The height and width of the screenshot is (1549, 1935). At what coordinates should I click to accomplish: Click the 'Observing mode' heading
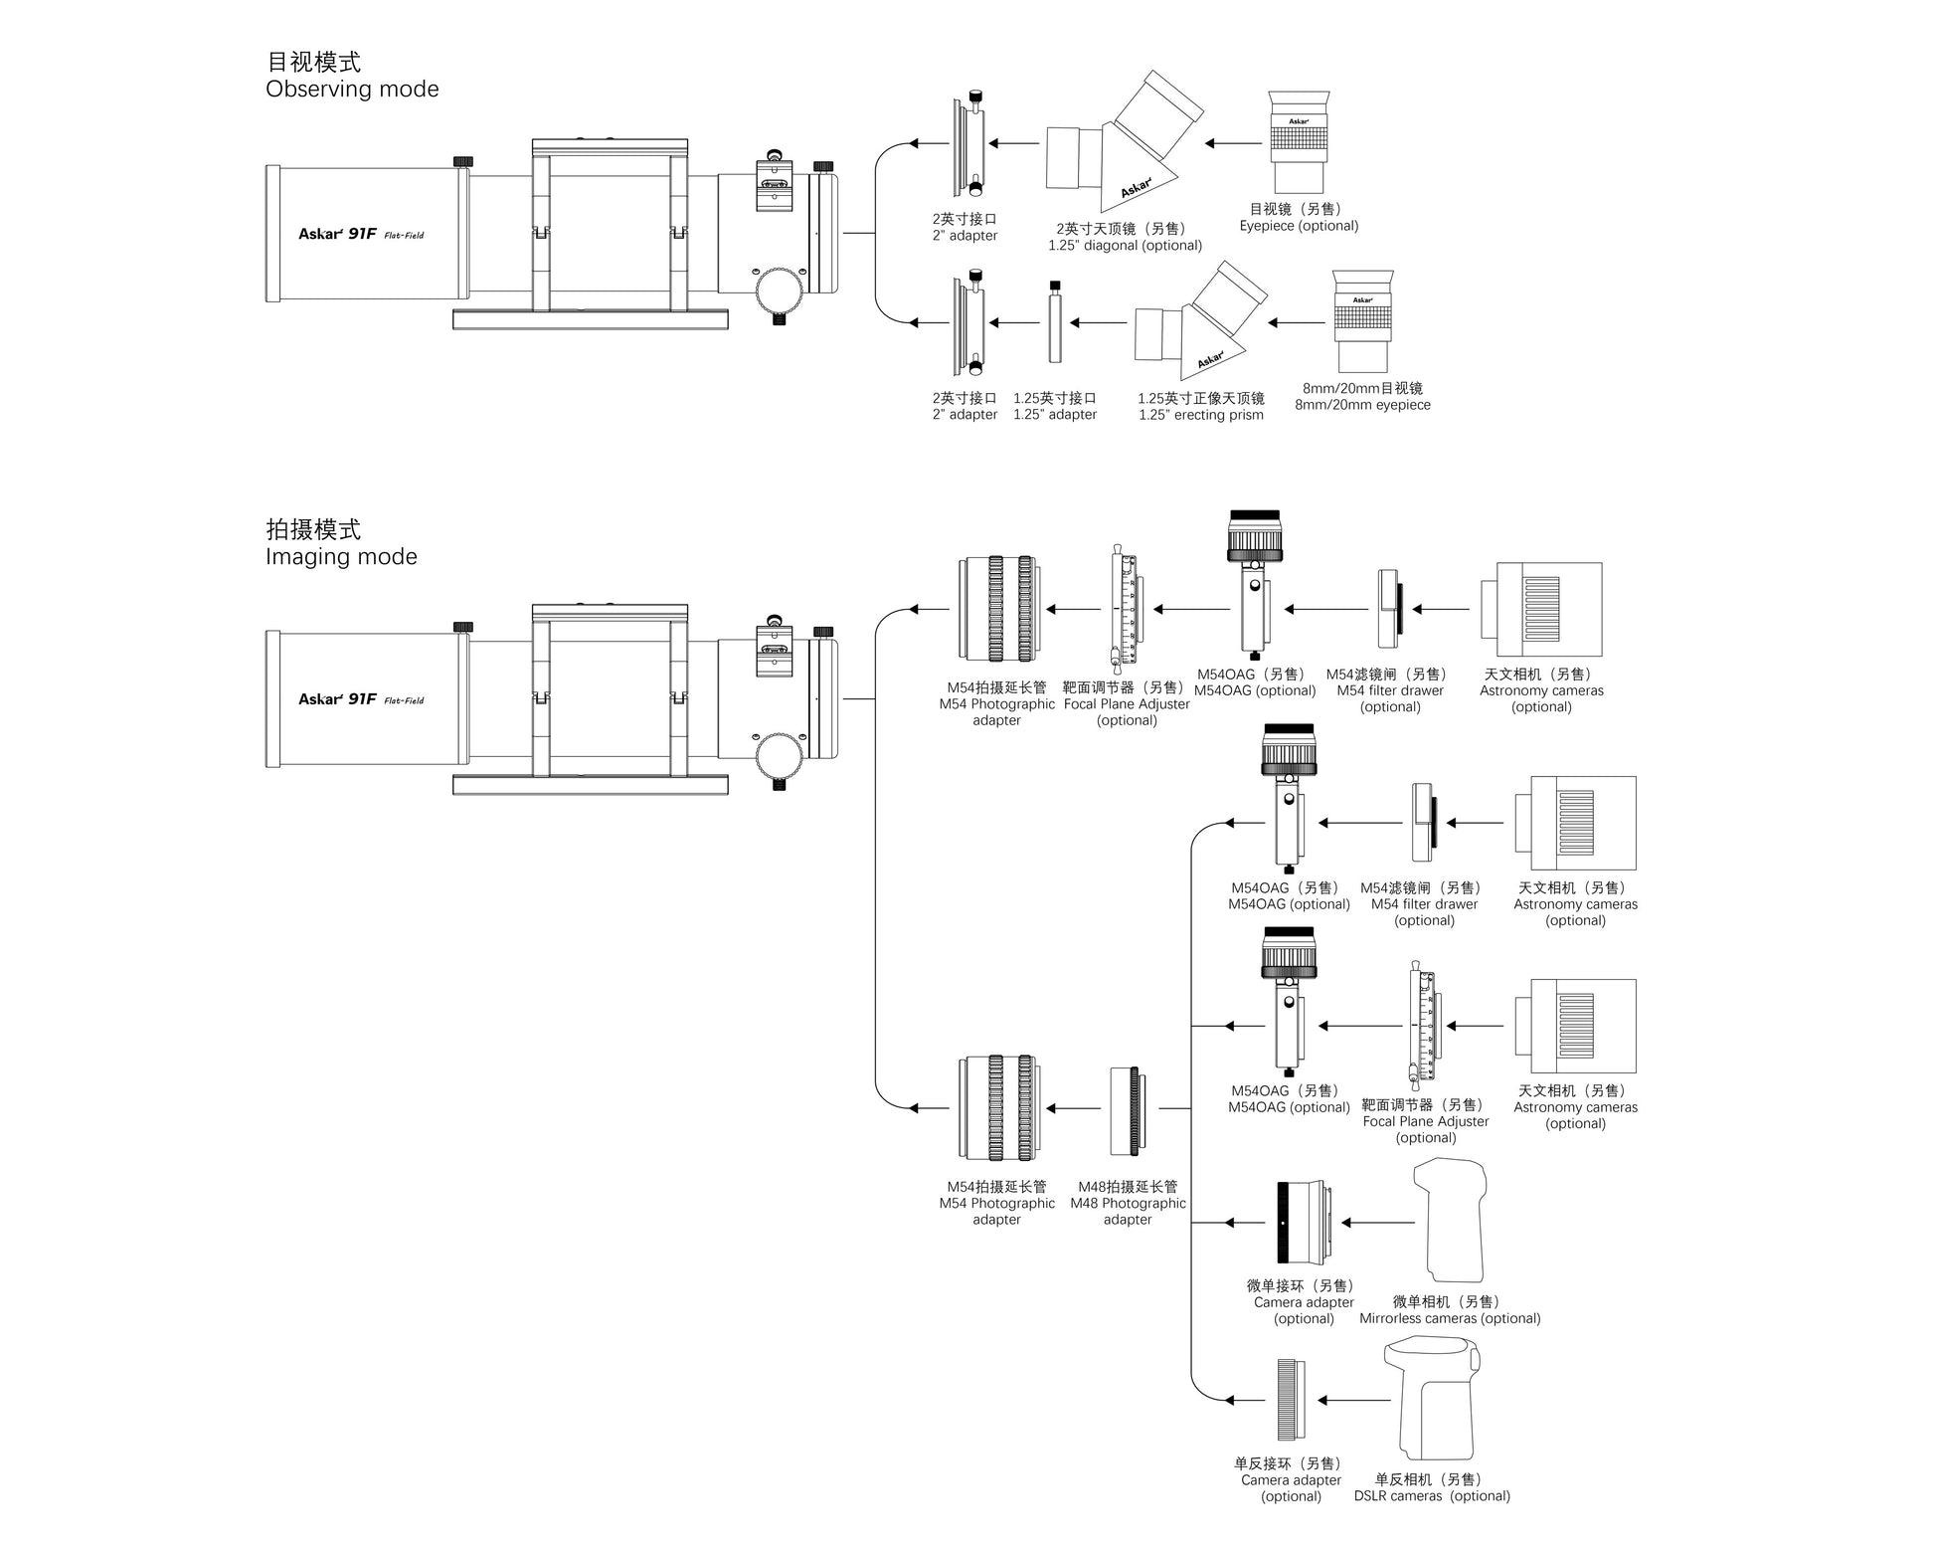click(352, 90)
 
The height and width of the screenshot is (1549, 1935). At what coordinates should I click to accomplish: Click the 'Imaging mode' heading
click(341, 557)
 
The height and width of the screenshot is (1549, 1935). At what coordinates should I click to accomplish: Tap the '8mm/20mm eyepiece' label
click(1362, 405)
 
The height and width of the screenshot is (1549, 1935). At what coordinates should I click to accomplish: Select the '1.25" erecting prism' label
click(1201, 415)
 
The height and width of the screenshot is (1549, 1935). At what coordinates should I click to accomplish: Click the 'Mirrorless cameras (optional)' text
click(1450, 1318)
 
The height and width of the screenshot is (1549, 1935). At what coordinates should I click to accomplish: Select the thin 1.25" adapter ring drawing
click(1055, 322)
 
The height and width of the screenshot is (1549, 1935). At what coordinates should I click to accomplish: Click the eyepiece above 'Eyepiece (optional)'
click(1299, 142)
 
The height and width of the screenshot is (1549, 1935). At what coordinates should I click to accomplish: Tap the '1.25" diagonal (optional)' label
click(1125, 246)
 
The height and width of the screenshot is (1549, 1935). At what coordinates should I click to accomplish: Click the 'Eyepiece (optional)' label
click(1299, 226)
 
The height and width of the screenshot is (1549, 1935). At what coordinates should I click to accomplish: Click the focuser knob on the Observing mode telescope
click(780, 291)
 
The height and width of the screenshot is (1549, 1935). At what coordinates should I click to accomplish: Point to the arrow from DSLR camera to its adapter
click(1353, 1401)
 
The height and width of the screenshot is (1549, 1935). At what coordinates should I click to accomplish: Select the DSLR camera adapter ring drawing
click(1291, 1400)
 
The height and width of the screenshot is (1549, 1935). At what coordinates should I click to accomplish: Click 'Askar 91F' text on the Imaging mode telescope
click(338, 699)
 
